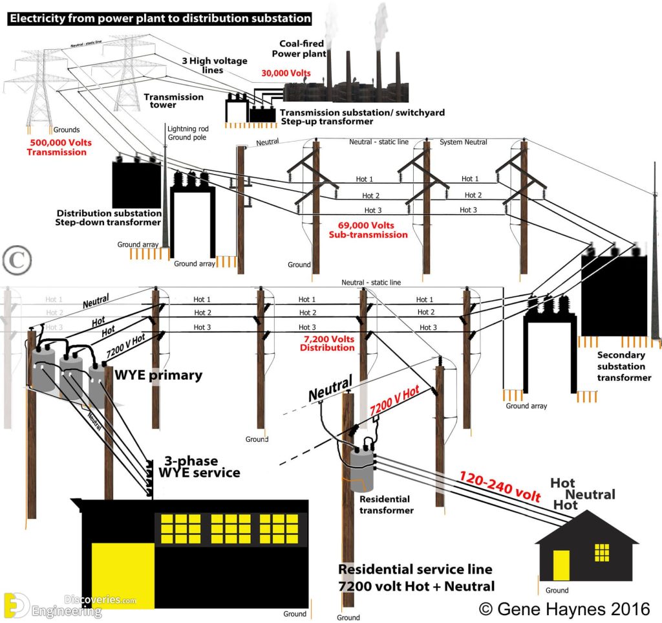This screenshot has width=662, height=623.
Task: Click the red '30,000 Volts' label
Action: coord(286,74)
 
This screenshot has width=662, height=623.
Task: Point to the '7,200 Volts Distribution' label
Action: coord(327,343)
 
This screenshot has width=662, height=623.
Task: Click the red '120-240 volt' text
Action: coord(499,486)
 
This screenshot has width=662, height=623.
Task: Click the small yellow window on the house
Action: coord(602,552)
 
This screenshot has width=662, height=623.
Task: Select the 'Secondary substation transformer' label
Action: coord(624,366)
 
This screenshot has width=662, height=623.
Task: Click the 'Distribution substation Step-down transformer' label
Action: coord(109,218)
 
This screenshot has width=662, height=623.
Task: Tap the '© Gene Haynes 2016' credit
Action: coord(564,608)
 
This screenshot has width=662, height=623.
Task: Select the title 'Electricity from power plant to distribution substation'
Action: coord(160,19)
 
